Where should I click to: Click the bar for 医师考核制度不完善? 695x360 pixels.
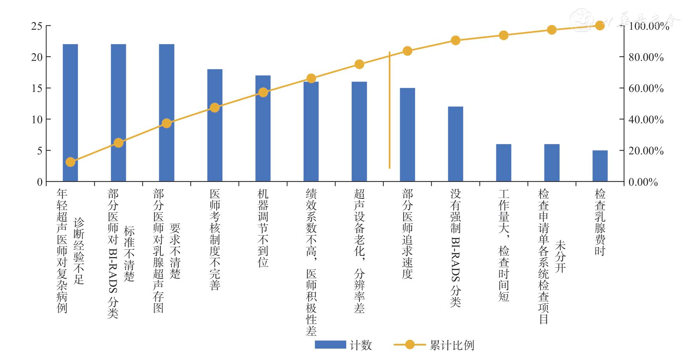tap(215, 125)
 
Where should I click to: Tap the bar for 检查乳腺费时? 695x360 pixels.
tap(600, 166)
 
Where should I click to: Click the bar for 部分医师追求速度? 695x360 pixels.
tap(407, 135)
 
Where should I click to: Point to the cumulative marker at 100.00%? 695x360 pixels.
tap(600, 26)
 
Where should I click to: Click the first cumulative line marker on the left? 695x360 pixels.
tap(70, 162)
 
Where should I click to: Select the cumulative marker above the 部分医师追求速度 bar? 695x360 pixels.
tap(407, 51)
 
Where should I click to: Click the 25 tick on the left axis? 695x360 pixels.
tap(37, 26)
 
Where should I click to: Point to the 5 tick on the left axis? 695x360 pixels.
tap(40, 151)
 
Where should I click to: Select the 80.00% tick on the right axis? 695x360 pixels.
tap(646, 58)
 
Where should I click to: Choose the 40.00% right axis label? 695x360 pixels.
tap(646, 120)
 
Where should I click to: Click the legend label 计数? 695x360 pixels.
tap(361, 345)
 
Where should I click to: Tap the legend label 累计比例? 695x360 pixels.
tap(452, 345)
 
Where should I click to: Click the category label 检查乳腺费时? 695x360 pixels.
tap(600, 222)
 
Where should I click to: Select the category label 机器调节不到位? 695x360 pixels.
tap(263, 228)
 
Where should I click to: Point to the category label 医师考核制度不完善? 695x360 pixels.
tap(215, 239)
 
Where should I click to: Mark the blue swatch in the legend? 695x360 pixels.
tap(330, 345)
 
